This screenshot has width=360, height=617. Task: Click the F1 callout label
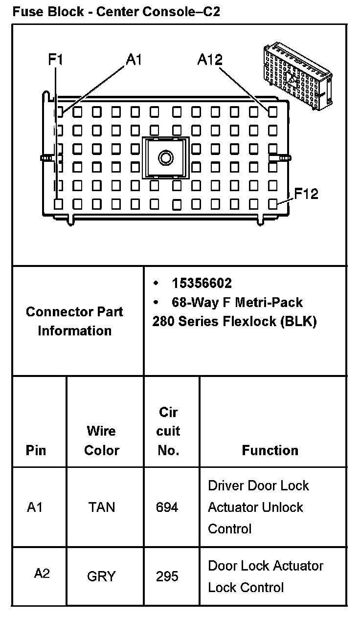coord(55,60)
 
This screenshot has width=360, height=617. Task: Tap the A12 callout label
coord(210,60)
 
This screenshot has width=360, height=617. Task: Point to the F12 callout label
coord(306,194)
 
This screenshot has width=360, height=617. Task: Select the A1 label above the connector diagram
coord(134,60)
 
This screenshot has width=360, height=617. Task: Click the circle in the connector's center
coord(166,157)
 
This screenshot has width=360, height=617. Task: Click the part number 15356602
coord(202,283)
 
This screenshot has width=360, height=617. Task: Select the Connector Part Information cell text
coord(75,321)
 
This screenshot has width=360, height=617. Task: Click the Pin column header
coord(36,450)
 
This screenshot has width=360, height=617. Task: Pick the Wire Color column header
coord(102,441)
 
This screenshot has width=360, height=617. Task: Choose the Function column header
coord(270,450)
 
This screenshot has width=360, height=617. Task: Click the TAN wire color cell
coord(102,507)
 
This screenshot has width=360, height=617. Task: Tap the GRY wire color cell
coord(101,576)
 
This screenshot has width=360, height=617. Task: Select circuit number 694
coord(167,507)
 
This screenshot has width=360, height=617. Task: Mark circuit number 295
coord(167,576)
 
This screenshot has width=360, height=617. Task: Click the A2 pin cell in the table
coord(42,573)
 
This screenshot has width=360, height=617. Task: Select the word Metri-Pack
coord(269,303)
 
